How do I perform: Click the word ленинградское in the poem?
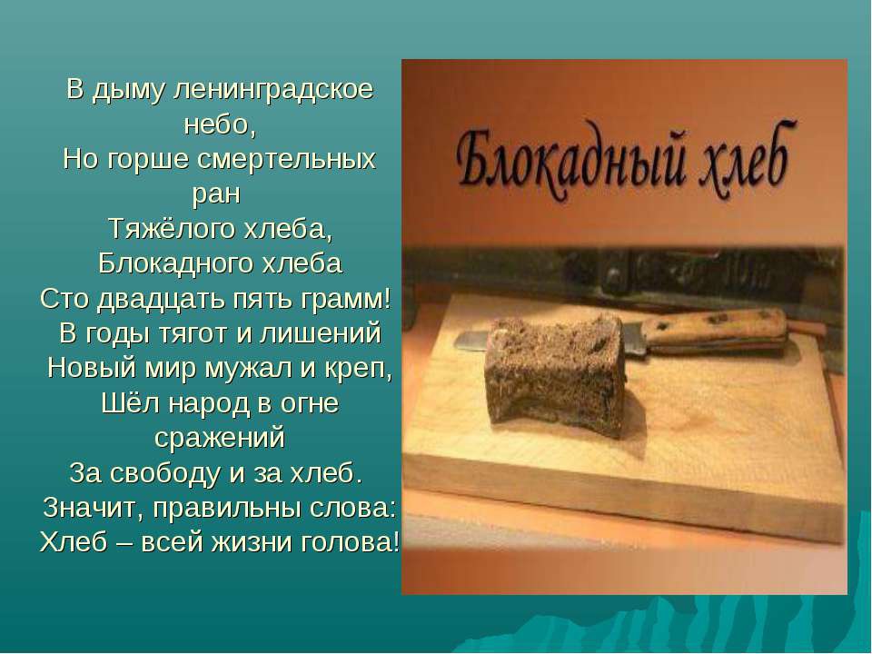coord(273,90)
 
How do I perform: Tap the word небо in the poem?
coord(217,124)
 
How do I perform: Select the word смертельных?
coord(286,159)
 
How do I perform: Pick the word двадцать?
coord(163,299)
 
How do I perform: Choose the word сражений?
coord(220,438)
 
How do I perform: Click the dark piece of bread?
coord(555,370)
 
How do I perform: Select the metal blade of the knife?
coord(472,340)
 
